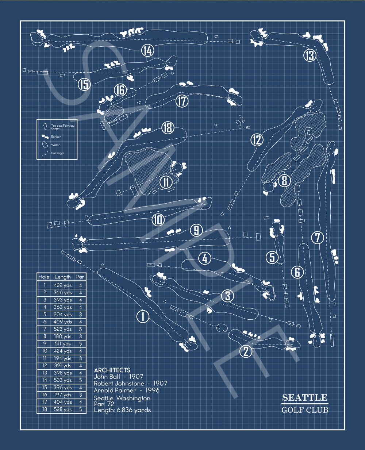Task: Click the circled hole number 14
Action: [x=147, y=51]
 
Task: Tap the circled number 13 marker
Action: [x=310, y=55]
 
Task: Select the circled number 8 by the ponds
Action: [x=284, y=180]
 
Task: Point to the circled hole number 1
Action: [x=143, y=316]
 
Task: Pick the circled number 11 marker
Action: [x=166, y=182]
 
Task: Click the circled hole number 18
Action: [x=167, y=128]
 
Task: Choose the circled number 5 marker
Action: [x=272, y=257]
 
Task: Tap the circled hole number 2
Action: [x=246, y=351]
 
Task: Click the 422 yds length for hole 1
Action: [x=63, y=285]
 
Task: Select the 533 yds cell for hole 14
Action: [x=63, y=380]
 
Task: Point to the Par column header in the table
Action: [x=80, y=277]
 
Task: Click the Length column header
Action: [x=62, y=277]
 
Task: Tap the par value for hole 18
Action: [x=80, y=409]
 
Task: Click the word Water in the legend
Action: [x=56, y=145]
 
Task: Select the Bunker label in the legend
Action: [x=56, y=137]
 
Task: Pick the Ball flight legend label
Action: [x=58, y=153]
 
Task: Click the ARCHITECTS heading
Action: [x=112, y=370]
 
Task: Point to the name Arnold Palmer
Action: [x=115, y=390]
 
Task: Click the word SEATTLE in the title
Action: [x=305, y=398]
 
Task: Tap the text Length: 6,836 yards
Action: [x=122, y=410]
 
